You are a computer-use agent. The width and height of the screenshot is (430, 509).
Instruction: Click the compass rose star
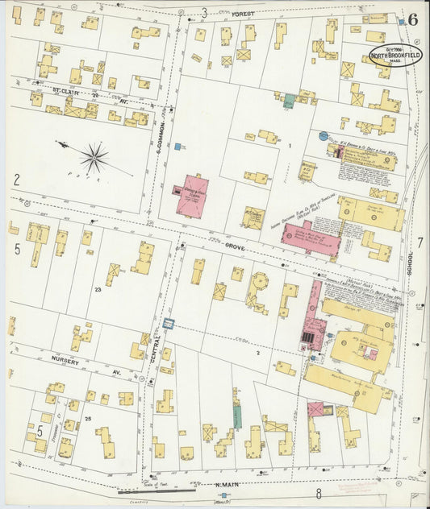pyautogui.click(x=94, y=157)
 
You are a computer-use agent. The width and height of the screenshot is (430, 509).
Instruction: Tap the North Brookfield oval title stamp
pyautogui.click(x=395, y=55)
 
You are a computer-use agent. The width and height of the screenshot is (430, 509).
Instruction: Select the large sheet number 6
pyautogui.click(x=412, y=19)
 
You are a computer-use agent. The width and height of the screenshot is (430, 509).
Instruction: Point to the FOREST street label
pyautogui.click(x=242, y=14)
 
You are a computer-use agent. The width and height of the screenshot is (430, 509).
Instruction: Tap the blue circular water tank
pyautogui.click(x=324, y=137)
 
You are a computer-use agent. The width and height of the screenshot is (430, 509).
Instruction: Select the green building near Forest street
pyautogui.click(x=289, y=101)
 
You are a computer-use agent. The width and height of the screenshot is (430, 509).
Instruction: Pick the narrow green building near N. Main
pyautogui.click(x=237, y=415)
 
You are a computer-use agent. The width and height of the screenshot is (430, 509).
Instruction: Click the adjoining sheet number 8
pyautogui.click(x=319, y=493)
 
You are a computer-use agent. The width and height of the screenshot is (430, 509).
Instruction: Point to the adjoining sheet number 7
pyautogui.click(x=420, y=242)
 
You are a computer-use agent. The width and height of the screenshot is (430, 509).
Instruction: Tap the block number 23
pyautogui.click(x=98, y=288)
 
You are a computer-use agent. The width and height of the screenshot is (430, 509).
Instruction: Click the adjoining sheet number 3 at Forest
pyautogui.click(x=204, y=12)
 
